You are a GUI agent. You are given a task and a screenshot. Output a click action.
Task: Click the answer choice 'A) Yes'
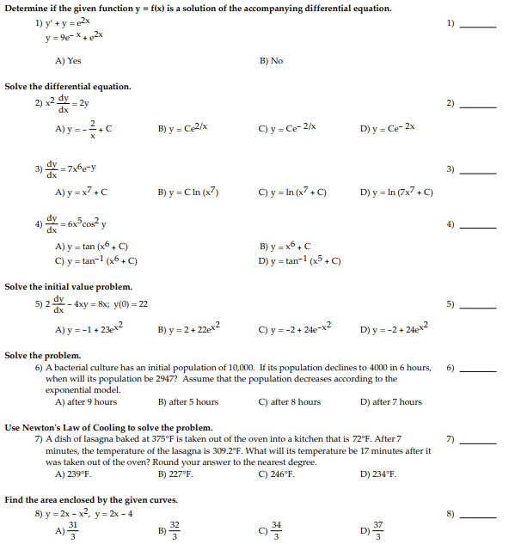pyautogui.click(x=68, y=62)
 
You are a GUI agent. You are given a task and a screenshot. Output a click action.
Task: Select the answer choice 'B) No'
pyautogui.click(x=271, y=62)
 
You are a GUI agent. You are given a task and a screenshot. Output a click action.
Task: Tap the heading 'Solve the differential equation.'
pyautogui.click(x=68, y=87)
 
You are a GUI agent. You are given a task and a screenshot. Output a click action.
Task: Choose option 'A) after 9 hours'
pyautogui.click(x=86, y=401)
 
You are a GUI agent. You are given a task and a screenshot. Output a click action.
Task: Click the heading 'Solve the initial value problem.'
pyautogui.click(x=69, y=286)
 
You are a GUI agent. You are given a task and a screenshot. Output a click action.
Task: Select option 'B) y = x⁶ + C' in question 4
pyautogui.click(x=285, y=246)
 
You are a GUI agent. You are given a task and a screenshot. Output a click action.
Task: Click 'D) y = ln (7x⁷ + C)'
pyautogui.click(x=396, y=192)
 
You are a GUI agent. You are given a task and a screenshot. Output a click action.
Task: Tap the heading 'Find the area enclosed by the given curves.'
pyautogui.click(x=91, y=499)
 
